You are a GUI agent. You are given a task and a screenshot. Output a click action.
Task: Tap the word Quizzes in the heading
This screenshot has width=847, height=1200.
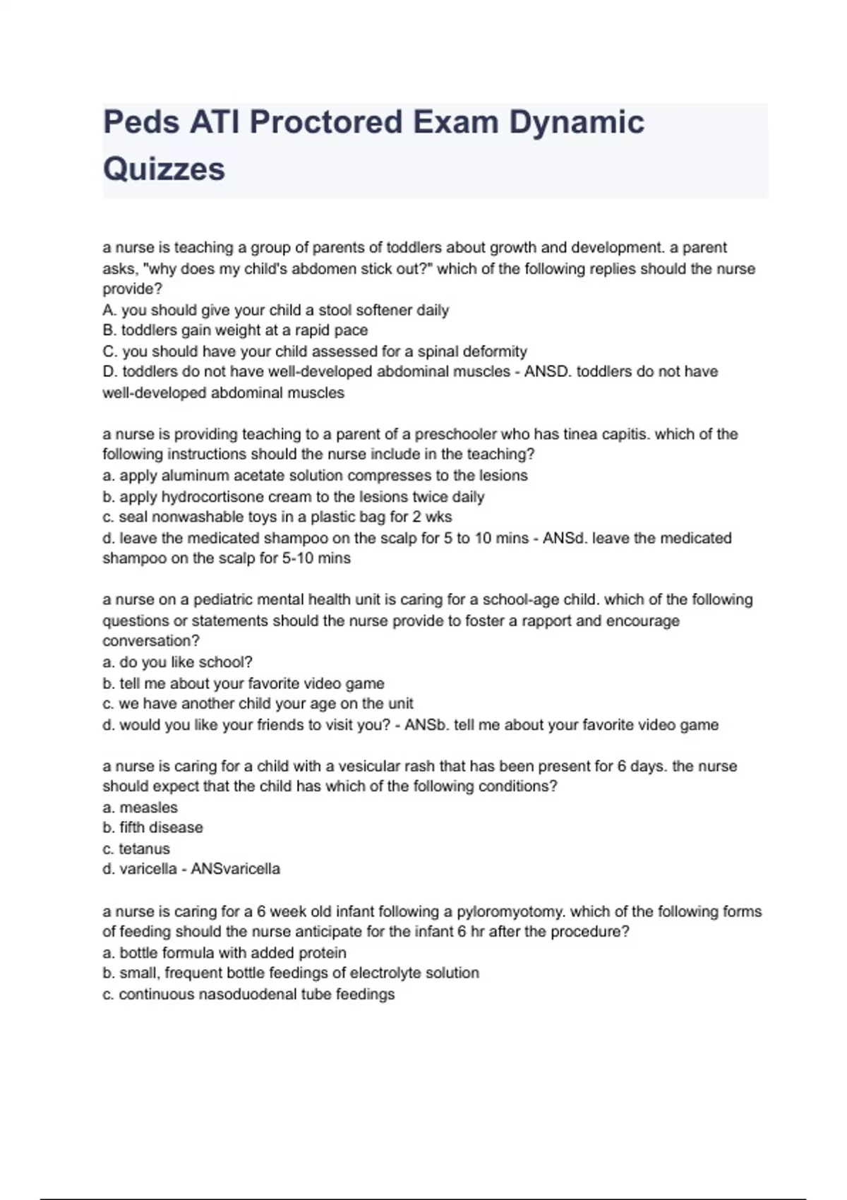point(164,169)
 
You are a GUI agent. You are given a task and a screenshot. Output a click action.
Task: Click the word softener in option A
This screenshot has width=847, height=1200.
point(381,310)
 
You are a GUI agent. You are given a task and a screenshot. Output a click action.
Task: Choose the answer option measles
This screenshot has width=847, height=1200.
point(148,808)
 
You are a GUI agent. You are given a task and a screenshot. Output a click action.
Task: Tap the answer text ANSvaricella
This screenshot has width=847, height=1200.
point(236,869)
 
